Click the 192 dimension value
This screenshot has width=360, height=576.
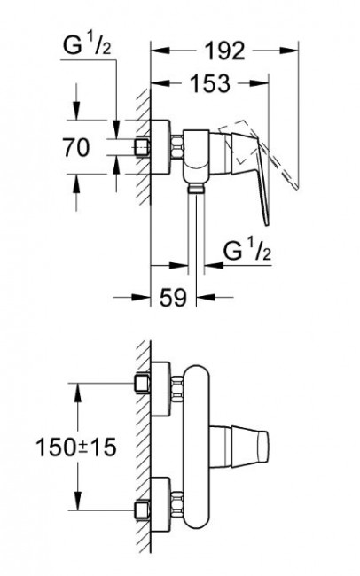[224, 51]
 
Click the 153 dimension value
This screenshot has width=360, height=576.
[210, 84]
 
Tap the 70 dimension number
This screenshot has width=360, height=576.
[76, 147]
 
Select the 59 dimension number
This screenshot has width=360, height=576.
[173, 297]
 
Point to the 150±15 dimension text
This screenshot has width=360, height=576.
[76, 447]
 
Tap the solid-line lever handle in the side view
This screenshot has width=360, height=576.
[250, 173]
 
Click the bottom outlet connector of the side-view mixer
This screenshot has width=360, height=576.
[196, 189]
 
